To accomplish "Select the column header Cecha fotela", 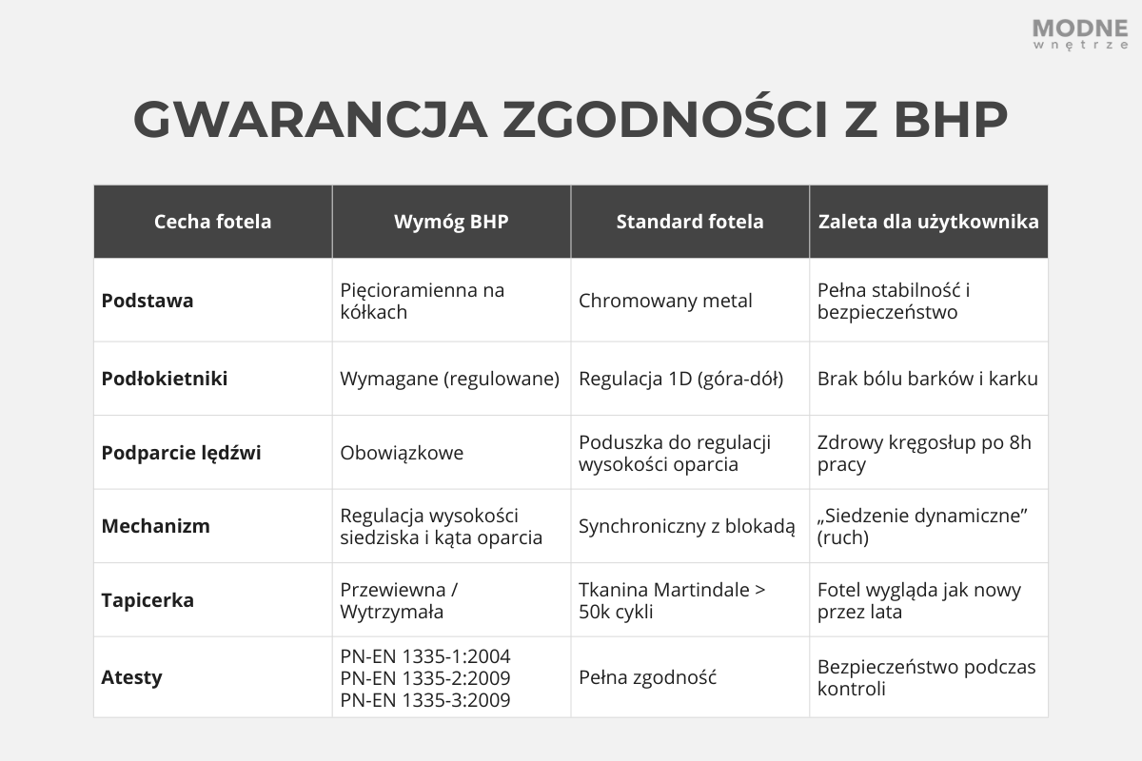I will click(x=212, y=222).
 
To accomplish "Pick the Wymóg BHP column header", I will click(x=451, y=222).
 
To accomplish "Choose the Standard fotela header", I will click(x=690, y=222).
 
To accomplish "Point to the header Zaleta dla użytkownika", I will click(x=928, y=222).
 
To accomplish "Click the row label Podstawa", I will click(x=148, y=301).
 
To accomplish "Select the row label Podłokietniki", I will click(x=165, y=379).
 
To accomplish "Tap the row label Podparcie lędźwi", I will click(x=181, y=453).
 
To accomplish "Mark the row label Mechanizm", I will click(x=155, y=526).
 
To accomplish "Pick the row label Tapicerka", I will click(x=148, y=600).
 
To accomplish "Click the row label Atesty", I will click(x=131, y=677).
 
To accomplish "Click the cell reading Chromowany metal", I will click(x=665, y=301).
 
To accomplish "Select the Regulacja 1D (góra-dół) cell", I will click(x=680, y=379).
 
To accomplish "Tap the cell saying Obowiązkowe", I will click(x=402, y=453).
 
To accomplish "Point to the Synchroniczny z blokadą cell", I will click(x=686, y=526).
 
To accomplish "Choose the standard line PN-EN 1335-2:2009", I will click(x=425, y=678).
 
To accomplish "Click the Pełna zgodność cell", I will click(x=647, y=677).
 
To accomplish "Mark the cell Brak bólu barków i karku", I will click(x=927, y=379).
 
